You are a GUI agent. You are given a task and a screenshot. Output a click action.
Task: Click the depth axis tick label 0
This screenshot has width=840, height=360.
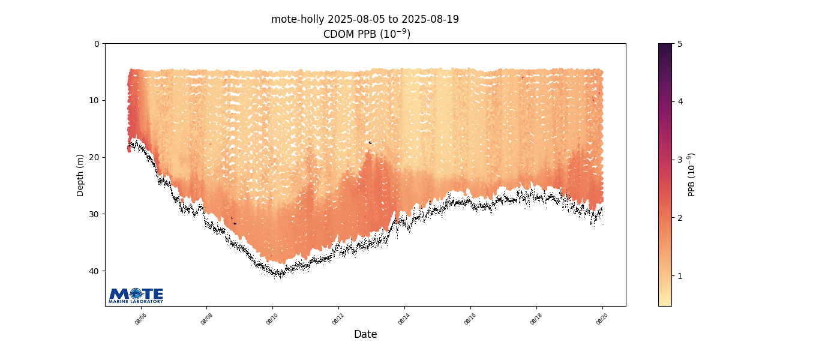click(x=97, y=44)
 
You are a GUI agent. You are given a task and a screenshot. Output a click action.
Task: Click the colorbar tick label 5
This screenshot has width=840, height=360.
click(x=680, y=44)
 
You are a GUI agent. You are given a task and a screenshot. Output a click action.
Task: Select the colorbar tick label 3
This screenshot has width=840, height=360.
click(x=680, y=160)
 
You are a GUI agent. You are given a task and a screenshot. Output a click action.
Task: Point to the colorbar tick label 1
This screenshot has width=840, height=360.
click(x=680, y=276)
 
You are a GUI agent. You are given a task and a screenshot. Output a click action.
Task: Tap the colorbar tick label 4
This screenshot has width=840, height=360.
click(x=680, y=102)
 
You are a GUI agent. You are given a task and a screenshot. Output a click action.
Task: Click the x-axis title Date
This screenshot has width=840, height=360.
click(x=365, y=334)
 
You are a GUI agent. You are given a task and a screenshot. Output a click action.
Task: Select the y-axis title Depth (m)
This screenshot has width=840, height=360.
click(x=80, y=175)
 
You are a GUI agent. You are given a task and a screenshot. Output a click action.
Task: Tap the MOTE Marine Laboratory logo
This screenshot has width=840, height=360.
click(x=136, y=295)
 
